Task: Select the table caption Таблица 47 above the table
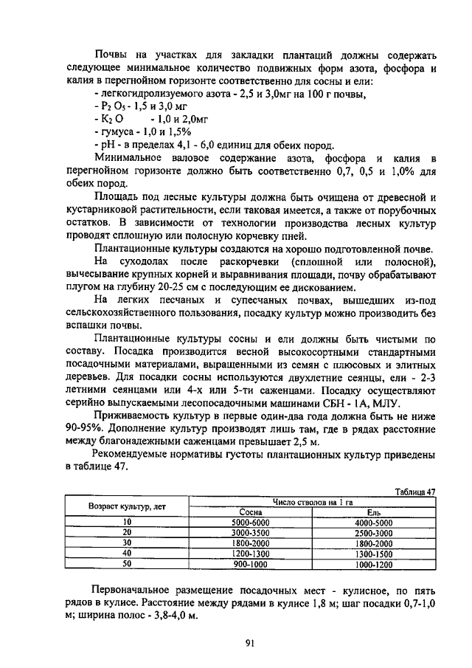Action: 415,492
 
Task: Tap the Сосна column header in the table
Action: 252,512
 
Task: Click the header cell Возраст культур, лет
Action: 127,507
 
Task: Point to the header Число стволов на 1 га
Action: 313,502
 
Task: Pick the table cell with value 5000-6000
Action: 252,522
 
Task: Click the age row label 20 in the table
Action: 127,532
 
